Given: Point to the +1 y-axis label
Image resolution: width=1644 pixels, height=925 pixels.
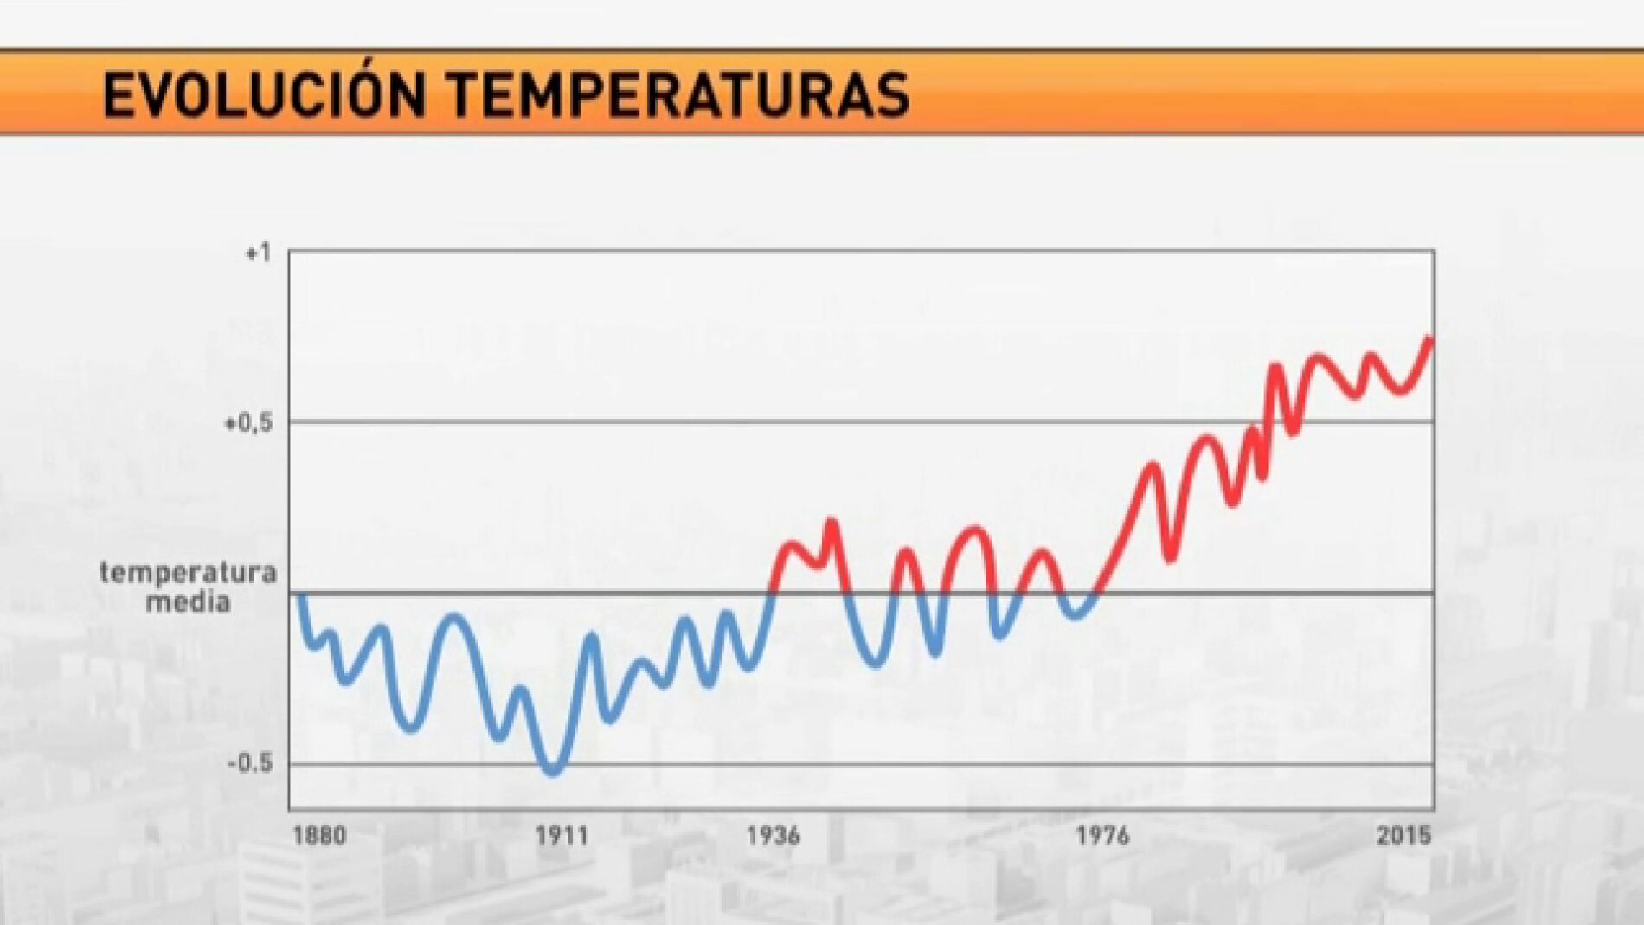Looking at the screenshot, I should (x=258, y=253).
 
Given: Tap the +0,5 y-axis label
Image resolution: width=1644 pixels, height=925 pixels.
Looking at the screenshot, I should (x=248, y=423).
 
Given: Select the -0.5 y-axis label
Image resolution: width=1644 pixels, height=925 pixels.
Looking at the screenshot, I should (x=250, y=763).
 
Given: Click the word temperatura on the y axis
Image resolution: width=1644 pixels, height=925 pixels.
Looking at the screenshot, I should (x=188, y=573).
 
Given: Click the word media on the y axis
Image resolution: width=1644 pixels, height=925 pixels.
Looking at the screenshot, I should (x=188, y=602).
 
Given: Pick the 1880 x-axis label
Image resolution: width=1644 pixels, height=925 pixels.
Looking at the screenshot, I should (x=319, y=836).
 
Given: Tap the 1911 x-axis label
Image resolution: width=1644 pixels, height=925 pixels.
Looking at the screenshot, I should (x=562, y=836).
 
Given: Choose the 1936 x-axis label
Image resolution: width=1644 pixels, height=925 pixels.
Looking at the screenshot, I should (x=773, y=836).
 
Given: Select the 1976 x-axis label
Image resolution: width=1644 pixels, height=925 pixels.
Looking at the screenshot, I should (x=1102, y=836).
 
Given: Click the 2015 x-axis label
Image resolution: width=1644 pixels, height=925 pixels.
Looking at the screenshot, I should (x=1403, y=836).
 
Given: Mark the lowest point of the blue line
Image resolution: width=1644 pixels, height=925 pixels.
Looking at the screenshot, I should (x=553, y=771).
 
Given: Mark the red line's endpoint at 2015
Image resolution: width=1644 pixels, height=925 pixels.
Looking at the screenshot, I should (x=1430, y=340).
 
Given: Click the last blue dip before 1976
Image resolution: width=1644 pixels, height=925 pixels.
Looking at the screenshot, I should (x=1076, y=615).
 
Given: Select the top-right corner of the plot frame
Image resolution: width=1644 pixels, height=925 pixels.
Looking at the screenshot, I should (x=1434, y=252).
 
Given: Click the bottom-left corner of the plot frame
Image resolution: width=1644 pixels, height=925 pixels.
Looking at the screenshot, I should (x=289, y=809).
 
